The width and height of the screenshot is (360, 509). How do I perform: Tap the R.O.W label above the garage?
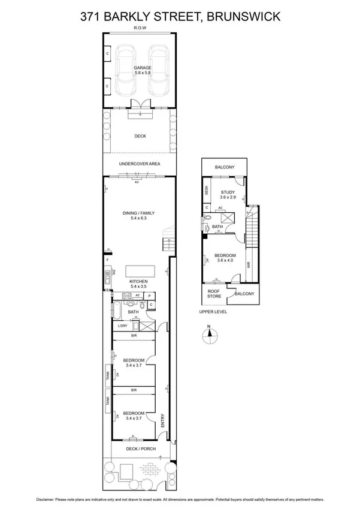(140, 28)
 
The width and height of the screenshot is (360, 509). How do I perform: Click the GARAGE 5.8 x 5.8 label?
(142, 70)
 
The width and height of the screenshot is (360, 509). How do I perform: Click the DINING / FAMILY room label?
(138, 215)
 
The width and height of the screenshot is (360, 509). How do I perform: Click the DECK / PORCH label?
(140, 448)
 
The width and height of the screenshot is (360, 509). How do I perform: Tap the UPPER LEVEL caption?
(213, 312)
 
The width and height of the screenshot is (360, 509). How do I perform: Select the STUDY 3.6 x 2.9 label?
(228, 194)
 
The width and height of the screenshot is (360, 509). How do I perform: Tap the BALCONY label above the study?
(225, 167)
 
